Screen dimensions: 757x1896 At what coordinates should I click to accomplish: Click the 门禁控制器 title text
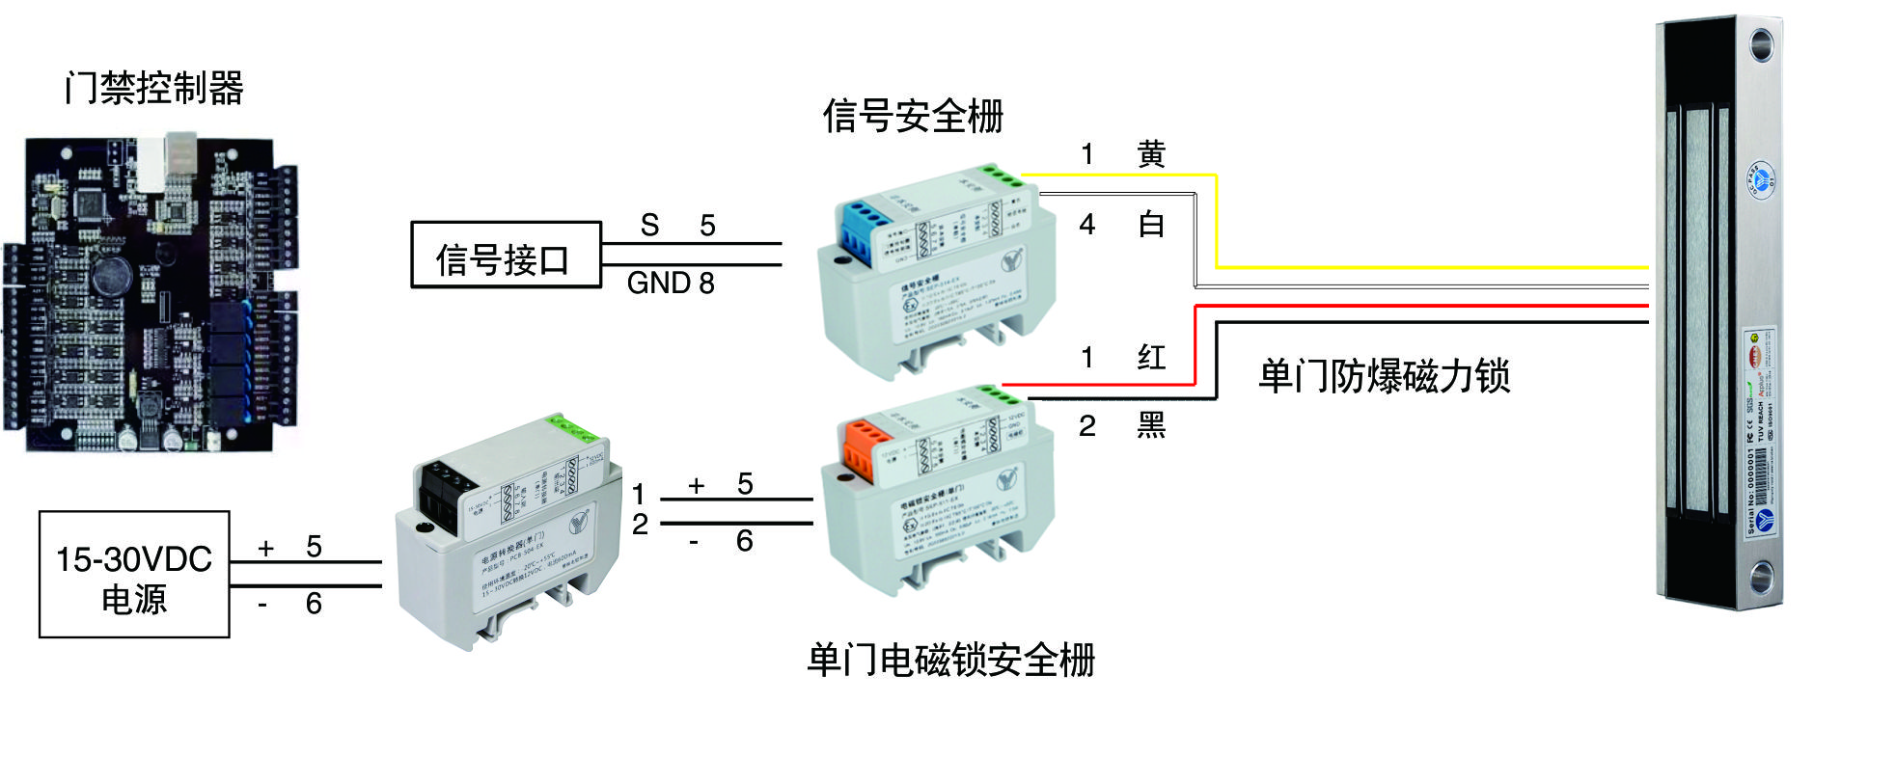click(154, 88)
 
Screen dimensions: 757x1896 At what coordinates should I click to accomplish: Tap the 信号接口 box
click(505, 256)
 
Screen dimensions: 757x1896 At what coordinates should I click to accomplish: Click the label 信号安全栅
click(913, 117)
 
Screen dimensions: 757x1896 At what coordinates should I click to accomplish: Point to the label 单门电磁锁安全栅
click(950, 661)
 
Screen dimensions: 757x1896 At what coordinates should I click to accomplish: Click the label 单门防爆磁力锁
click(1384, 376)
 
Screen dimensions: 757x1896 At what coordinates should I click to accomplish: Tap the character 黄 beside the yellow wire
click(1151, 154)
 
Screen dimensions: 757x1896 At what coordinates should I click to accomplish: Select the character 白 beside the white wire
click(1151, 225)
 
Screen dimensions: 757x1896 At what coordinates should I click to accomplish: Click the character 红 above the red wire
click(1151, 358)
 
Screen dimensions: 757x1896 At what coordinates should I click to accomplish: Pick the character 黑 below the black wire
click(1151, 425)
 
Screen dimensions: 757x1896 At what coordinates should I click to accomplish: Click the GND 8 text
click(671, 284)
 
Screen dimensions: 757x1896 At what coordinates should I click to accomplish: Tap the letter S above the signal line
click(649, 226)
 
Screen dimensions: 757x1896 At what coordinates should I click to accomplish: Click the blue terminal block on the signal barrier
click(865, 228)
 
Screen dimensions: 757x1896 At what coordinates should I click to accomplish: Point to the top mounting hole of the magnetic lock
click(1761, 44)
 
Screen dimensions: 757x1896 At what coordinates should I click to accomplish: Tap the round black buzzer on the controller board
click(112, 274)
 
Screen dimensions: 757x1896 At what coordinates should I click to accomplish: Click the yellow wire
click(1428, 266)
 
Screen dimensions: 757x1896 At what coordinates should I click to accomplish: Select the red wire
click(1428, 306)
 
